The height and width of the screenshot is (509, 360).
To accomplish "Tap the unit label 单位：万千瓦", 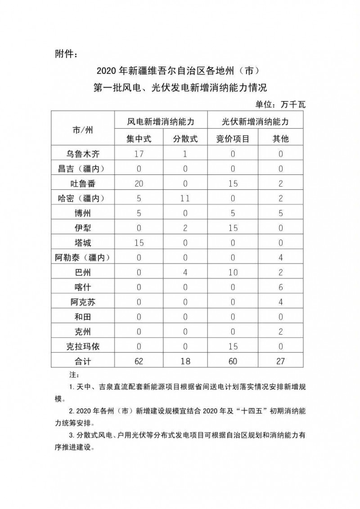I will tap(280, 105).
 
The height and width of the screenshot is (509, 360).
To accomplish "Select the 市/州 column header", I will tap(83, 130).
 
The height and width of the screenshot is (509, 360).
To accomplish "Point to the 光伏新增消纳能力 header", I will tap(255, 121).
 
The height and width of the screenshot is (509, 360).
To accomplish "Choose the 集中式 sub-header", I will tap(139, 139).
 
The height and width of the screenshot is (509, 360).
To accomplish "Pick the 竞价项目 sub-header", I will tap(233, 139).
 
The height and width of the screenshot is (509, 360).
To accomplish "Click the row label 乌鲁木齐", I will tap(83, 153).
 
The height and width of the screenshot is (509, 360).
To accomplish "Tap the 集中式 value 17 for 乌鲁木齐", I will tap(139, 153).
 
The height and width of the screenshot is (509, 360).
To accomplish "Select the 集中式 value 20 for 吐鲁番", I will tap(139, 183).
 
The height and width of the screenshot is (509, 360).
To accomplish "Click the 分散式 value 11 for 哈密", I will tap(185, 198).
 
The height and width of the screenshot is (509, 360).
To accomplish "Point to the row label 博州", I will tap(83, 213).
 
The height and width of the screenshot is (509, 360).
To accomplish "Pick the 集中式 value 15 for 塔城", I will tap(139, 242).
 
